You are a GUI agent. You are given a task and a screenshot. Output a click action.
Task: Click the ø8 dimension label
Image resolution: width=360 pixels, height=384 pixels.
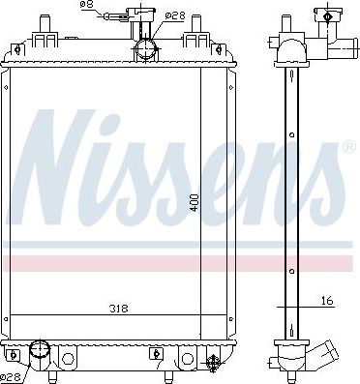87,5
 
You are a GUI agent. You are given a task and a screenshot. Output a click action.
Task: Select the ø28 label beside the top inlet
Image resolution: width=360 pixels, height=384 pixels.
175,15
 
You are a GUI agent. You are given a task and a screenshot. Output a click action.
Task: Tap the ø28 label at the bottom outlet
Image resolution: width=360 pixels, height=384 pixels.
12,376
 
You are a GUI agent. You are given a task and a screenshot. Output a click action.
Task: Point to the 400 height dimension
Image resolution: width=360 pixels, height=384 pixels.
195,203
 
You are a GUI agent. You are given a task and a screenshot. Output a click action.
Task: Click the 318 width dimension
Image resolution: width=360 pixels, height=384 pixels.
118,309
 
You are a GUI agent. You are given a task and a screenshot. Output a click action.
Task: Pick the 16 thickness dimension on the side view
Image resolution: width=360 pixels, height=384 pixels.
327,301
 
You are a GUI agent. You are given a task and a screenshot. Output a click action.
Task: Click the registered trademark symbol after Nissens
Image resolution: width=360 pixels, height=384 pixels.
348,147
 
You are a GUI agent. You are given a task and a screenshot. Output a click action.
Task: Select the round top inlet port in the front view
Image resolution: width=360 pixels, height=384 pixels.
145,49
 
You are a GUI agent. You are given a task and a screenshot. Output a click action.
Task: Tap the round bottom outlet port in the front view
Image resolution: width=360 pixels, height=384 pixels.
41,350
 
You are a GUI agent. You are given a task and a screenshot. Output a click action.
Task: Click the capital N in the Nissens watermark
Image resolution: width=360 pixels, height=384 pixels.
55,167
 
